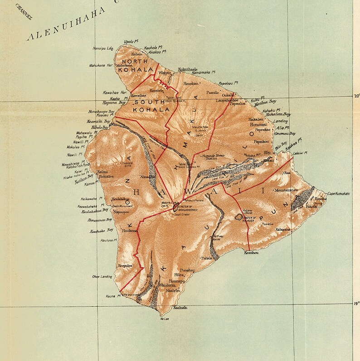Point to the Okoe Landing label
102,276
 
